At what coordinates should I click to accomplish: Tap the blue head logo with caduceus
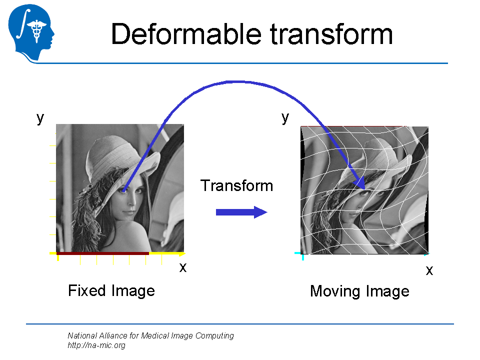tap(31, 32)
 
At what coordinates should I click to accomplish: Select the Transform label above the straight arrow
tap(236, 185)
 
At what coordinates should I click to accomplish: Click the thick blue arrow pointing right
tap(241, 212)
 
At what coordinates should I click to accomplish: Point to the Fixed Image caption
tap(111, 291)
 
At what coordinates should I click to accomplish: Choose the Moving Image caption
tap(359, 291)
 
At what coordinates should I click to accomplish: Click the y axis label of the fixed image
tap(40, 118)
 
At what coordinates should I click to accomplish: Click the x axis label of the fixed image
tap(183, 267)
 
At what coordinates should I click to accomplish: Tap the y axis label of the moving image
tap(285, 118)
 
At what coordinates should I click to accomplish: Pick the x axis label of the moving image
tap(429, 270)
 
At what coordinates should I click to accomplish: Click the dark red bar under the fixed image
tap(103, 253)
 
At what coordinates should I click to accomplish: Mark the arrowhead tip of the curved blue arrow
tap(365, 189)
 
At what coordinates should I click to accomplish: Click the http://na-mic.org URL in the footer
tap(96, 345)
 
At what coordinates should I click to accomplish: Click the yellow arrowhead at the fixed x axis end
tap(182, 254)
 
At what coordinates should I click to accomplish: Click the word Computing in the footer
tap(214, 336)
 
